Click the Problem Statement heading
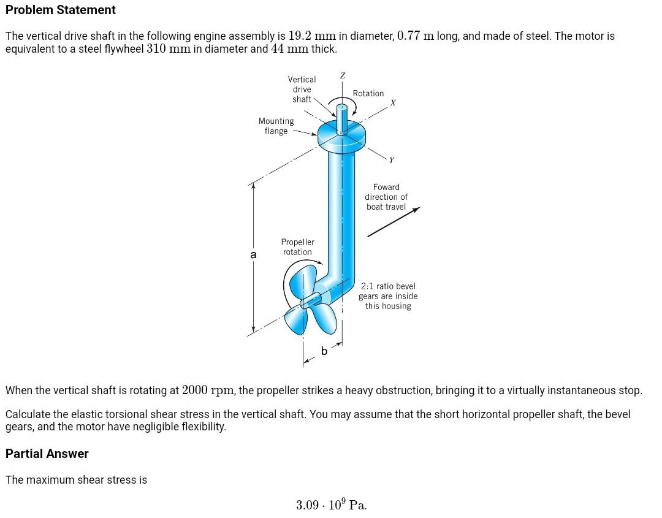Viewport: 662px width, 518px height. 60,10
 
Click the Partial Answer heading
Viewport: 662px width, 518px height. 47,454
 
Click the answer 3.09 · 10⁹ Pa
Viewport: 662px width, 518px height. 331,505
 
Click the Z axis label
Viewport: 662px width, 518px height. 342,75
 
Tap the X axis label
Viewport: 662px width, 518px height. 393,103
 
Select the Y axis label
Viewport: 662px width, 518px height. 392,160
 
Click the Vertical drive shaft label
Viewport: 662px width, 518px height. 302,89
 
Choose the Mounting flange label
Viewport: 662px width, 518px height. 276,126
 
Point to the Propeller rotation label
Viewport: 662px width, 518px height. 297,247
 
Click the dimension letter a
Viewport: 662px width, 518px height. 253,254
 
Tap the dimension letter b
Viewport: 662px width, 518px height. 324,351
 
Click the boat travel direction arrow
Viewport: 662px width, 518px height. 393,222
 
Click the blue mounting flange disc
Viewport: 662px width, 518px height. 341,137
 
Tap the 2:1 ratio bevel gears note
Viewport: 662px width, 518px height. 388,296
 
